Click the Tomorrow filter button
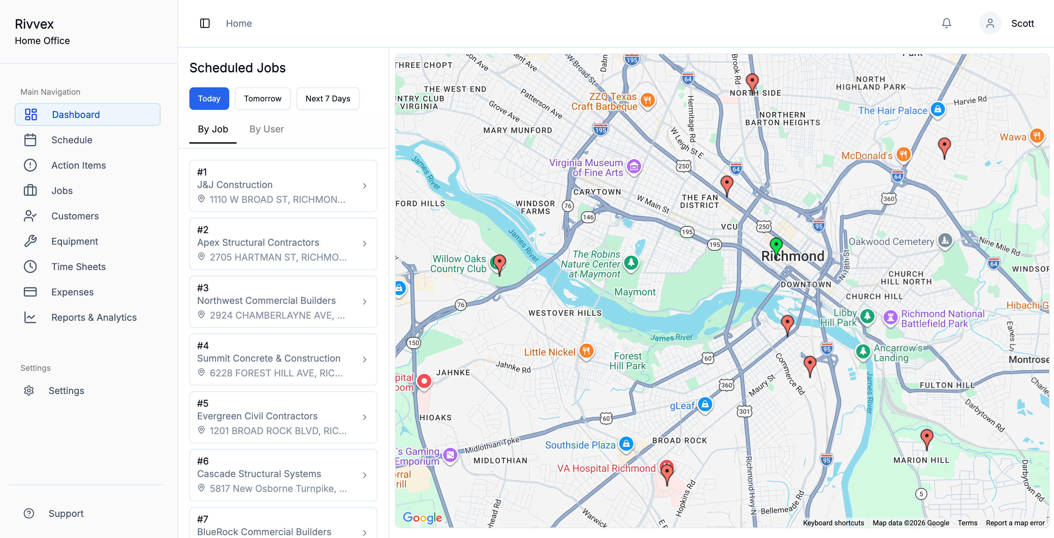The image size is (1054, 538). click(x=262, y=99)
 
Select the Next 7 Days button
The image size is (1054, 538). click(x=327, y=99)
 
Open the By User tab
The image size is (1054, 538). click(x=266, y=129)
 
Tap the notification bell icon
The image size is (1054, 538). click(x=946, y=23)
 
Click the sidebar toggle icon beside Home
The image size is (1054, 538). click(x=205, y=23)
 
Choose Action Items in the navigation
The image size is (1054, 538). click(x=78, y=165)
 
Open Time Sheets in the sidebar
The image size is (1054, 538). click(x=78, y=267)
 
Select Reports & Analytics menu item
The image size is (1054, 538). click(x=94, y=318)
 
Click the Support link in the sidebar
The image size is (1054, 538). click(x=65, y=513)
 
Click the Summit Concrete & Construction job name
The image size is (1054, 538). click(x=268, y=358)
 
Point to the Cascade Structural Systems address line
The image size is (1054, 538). click(x=278, y=488)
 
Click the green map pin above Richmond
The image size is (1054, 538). click(x=776, y=245)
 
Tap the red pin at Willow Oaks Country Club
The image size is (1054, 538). click(x=499, y=263)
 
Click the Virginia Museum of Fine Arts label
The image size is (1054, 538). click(x=585, y=168)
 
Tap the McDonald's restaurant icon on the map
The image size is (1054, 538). click(x=903, y=155)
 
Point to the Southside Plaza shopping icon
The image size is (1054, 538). click(x=626, y=444)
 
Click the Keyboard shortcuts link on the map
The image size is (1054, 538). click(x=833, y=523)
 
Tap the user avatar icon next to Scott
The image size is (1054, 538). click(x=990, y=23)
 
